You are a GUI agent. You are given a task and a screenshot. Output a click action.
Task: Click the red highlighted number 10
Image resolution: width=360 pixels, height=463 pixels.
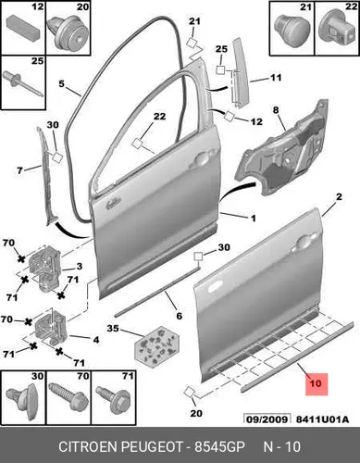click(x=316, y=383)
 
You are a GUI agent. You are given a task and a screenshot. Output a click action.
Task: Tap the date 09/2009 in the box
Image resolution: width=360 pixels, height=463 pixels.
click(x=267, y=419)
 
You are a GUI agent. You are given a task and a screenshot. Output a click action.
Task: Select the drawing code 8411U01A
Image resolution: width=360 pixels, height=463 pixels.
click(x=322, y=419)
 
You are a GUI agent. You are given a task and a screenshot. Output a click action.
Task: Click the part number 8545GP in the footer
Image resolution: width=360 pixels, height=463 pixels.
click(x=219, y=446)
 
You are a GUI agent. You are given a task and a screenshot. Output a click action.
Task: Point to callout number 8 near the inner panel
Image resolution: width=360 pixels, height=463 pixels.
click(x=276, y=109)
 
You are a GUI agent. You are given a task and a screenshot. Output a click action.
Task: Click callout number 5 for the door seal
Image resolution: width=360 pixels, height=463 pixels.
click(x=61, y=83)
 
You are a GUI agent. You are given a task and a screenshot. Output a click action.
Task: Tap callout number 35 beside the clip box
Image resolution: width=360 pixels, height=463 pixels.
click(x=113, y=328)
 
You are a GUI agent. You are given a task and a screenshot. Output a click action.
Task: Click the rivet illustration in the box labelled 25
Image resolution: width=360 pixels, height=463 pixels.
click(x=23, y=84)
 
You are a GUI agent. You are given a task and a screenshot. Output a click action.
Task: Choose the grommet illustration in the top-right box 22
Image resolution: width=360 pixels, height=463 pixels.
click(x=337, y=29)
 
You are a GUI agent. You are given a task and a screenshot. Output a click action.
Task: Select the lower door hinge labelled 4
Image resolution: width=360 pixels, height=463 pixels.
click(x=51, y=327)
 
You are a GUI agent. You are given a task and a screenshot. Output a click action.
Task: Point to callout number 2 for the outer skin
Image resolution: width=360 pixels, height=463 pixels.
click(x=339, y=196)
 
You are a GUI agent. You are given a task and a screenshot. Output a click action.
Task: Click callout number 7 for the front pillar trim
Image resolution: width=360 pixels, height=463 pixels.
click(x=19, y=170)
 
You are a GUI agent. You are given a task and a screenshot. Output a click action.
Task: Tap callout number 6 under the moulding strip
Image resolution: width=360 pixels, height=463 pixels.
click(x=180, y=316)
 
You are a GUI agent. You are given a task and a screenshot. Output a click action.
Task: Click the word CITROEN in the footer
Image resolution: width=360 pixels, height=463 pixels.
click(x=88, y=446)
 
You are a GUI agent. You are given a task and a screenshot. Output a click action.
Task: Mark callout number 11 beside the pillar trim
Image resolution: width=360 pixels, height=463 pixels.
click(x=276, y=77)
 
